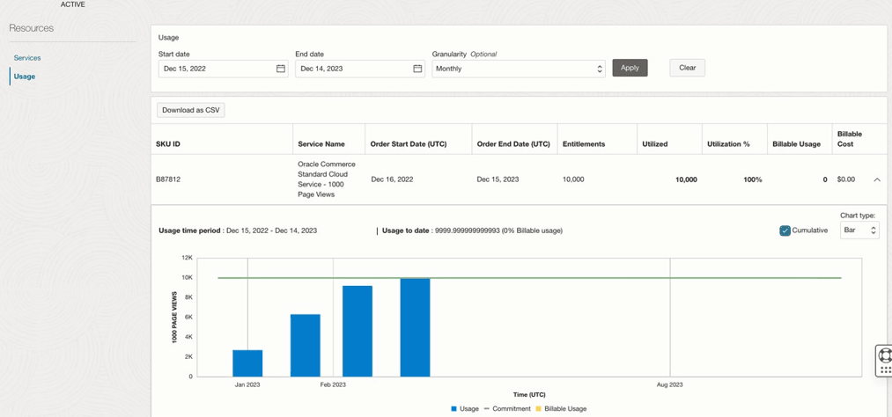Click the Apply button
pos(630,68)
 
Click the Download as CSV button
pos(191,110)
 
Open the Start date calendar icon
pos(281,69)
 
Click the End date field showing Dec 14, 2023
pos(352,69)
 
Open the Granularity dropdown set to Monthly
pos(518,69)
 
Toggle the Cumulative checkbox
pos(785,230)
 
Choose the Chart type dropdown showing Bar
pos(859,230)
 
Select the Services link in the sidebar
pos(27,58)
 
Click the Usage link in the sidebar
pos(25,77)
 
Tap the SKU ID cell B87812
pos(168,179)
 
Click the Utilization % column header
pos(728,144)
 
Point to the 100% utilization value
pos(752,179)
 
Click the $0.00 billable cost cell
pos(845,179)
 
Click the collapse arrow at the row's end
pos(877,179)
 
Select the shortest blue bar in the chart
pos(247,363)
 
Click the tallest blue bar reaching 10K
pos(415,327)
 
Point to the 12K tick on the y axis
pos(187,258)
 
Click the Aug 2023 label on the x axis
pos(669,384)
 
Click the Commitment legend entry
pos(506,409)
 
